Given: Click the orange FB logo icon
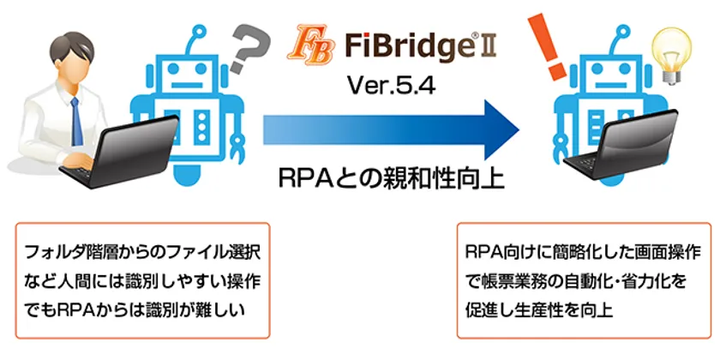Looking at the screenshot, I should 309,44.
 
